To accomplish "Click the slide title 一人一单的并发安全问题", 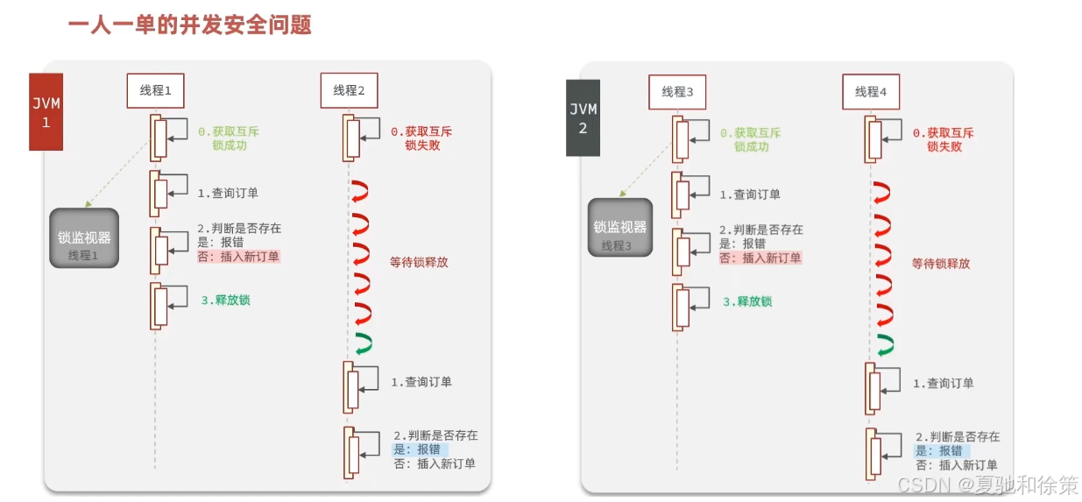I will (189, 25).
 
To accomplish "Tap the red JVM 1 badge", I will (46, 113).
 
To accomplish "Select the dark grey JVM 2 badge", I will (583, 117).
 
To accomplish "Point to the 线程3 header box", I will (677, 92).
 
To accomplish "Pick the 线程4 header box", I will (871, 92).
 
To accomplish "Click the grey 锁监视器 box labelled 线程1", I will (84, 238).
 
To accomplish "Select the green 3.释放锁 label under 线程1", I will (226, 300).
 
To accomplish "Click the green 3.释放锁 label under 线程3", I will (747, 301).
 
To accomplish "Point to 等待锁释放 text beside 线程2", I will (419, 262).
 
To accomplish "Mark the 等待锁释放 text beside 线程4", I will (941, 264).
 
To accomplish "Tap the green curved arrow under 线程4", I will (884, 343).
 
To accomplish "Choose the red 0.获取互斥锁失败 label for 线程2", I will (421, 138).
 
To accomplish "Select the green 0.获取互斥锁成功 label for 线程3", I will (751, 139).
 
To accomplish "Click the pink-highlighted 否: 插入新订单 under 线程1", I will (237, 257).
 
